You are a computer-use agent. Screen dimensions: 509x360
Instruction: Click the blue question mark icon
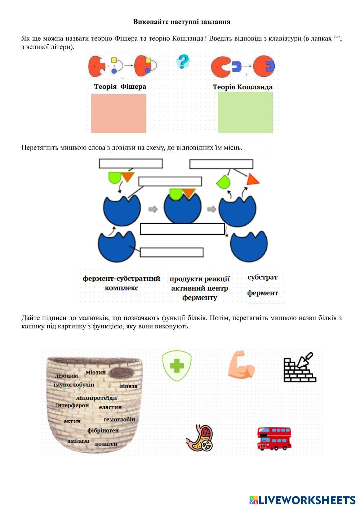[x=183, y=62]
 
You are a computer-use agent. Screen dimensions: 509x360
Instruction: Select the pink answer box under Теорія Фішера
[x=119, y=113]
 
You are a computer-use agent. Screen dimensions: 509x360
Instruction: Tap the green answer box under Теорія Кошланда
[x=245, y=112]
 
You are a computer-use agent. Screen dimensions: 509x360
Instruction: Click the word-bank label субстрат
[x=262, y=277]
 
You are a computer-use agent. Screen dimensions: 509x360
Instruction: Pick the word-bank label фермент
[x=262, y=293]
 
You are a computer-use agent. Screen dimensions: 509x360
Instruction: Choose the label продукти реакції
[x=199, y=279]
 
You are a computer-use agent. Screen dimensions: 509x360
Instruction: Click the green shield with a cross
[x=177, y=366]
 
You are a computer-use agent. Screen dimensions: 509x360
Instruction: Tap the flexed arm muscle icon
[x=241, y=365]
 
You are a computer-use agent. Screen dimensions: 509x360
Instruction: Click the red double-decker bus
[x=274, y=438]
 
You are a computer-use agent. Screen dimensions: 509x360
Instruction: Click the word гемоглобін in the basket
[x=119, y=419]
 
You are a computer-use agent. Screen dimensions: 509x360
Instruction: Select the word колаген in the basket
[x=106, y=444]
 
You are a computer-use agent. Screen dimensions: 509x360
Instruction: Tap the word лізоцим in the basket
[x=66, y=376]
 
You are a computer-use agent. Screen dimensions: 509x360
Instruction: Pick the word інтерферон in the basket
[x=72, y=405]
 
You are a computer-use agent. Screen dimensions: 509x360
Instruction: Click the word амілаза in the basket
[x=78, y=441]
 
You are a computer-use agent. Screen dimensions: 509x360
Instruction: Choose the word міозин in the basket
[x=96, y=372]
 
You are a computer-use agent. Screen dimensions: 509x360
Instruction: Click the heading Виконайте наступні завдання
[x=182, y=22]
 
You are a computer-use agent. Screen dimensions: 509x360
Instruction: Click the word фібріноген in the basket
[x=103, y=430]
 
